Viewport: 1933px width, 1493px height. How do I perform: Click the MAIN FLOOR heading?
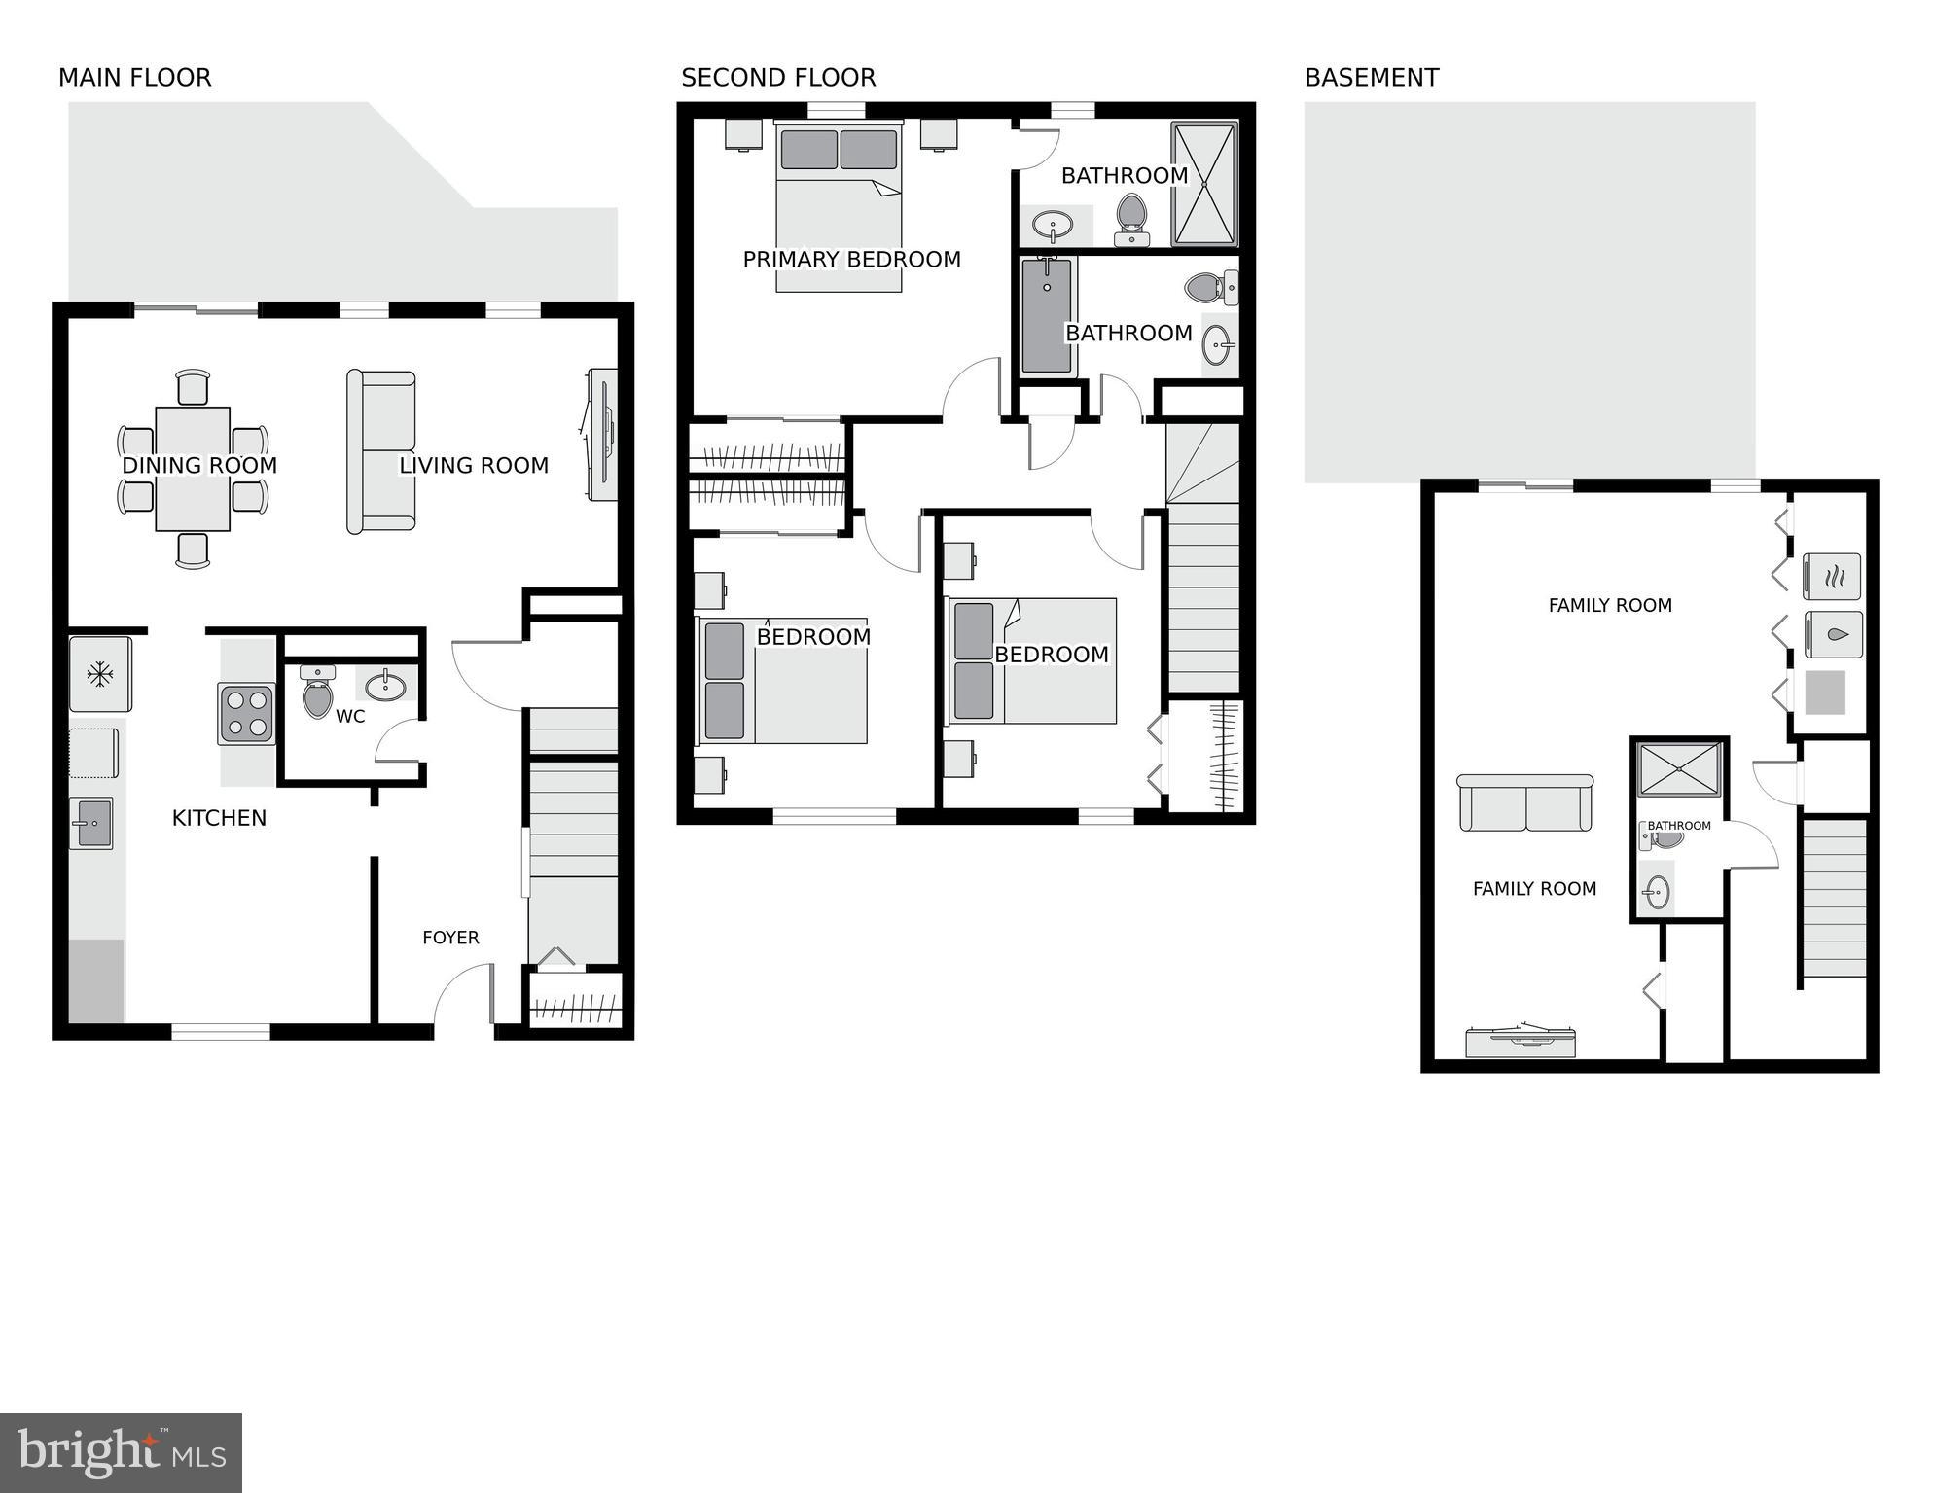134,78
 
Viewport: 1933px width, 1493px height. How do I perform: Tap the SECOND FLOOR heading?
777,78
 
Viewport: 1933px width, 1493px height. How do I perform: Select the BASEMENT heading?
1371,78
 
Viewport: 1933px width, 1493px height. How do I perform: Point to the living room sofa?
381,451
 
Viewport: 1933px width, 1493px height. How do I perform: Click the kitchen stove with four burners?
246,714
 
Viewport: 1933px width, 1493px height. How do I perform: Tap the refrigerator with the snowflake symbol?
99,674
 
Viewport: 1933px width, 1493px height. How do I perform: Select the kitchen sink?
91,823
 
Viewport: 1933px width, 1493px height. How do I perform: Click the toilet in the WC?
317,693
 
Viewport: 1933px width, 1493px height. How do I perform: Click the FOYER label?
450,938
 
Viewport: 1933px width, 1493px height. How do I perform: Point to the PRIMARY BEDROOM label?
851,260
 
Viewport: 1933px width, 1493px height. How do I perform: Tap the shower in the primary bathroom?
1204,183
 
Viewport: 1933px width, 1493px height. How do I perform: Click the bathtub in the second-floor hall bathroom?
1047,315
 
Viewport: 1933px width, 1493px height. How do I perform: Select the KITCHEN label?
219,818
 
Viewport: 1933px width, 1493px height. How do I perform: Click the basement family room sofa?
1524,803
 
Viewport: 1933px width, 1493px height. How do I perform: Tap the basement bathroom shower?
1679,768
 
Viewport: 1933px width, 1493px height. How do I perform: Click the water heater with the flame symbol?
1833,634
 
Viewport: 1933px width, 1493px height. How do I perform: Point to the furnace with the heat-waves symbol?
1833,577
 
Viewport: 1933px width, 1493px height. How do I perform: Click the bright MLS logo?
121,1453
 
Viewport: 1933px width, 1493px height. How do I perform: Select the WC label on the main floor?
350,717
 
